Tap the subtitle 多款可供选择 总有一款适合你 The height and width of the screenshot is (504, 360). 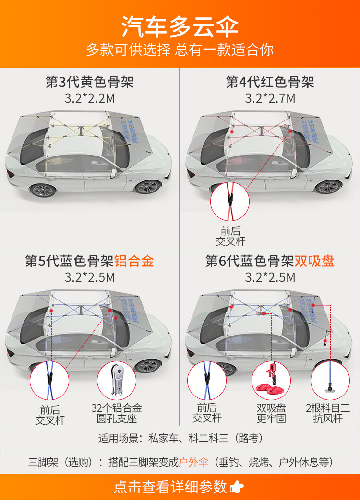coord(180,49)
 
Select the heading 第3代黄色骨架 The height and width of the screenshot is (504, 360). coord(90,82)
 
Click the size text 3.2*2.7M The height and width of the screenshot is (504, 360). coord(270,99)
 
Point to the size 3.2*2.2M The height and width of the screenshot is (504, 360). coord(90,99)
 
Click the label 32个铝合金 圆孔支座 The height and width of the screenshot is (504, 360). coord(117,414)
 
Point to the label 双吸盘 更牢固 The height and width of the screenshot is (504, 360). coord(271,414)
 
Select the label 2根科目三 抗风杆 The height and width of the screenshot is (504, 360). coord(328,414)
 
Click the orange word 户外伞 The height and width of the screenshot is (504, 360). coord(194,463)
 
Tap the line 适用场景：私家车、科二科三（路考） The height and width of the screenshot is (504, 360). coord(180,438)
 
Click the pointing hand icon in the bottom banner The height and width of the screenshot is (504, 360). coord(237,488)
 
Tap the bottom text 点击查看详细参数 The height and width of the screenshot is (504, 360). coord(170,487)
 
